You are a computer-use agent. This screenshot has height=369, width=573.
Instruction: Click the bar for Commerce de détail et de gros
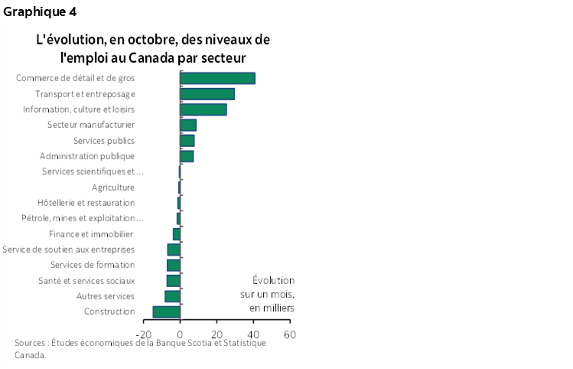[217, 78]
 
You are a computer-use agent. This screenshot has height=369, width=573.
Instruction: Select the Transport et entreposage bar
[207, 94]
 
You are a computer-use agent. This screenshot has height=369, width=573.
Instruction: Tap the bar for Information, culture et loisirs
[203, 109]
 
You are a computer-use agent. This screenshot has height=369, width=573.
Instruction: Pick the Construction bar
[166, 312]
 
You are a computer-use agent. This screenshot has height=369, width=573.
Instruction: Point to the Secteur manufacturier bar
[188, 125]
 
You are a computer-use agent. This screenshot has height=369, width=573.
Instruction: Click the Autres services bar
[172, 296]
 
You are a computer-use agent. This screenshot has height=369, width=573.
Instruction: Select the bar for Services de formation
[174, 265]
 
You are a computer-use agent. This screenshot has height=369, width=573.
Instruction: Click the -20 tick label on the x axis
[144, 335]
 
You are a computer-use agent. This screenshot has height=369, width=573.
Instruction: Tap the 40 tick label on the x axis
[253, 335]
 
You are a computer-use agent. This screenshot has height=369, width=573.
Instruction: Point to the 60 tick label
[289, 335]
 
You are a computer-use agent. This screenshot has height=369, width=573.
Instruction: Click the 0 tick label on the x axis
[181, 335]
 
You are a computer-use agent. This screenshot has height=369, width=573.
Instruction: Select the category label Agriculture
[113, 188]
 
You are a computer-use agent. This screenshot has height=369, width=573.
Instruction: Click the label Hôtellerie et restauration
[86, 203]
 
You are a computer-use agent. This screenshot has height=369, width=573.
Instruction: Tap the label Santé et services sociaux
[86, 281]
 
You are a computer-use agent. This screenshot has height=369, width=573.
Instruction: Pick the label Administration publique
[87, 156]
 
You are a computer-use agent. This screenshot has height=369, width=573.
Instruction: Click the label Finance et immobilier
[91, 234]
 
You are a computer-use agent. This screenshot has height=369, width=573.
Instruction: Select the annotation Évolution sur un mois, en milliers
[272, 294]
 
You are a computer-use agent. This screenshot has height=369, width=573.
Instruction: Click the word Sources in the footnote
[31, 343]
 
